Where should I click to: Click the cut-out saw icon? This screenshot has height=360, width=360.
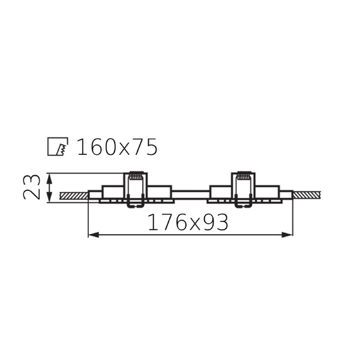58,146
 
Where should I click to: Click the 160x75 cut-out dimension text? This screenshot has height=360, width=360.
118,147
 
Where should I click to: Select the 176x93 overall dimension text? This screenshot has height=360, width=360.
188,222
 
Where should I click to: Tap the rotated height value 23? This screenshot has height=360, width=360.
32,187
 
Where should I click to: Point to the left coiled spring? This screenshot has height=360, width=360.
136,176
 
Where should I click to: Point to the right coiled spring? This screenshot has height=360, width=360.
244,176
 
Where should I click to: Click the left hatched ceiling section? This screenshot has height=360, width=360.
74,196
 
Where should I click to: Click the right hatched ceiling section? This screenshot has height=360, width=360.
307,195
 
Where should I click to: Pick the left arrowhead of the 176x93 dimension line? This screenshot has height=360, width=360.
94,235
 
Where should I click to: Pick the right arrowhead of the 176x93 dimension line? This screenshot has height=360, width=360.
287,235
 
